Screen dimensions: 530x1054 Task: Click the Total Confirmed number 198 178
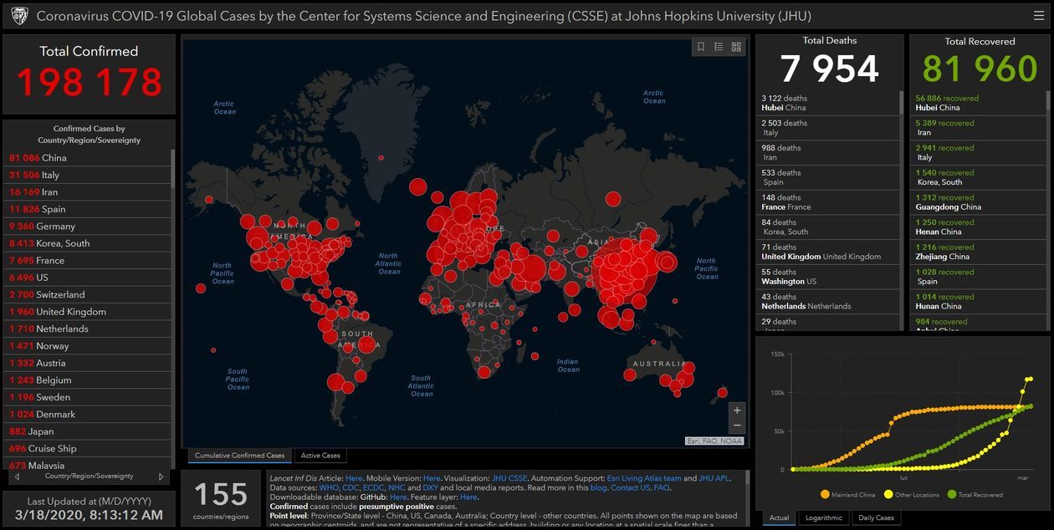(89, 82)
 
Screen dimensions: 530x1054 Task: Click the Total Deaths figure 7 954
(829, 69)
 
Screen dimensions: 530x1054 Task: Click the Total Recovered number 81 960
(979, 69)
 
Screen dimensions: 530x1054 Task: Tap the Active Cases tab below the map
(320, 456)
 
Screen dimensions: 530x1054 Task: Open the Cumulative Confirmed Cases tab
(239, 456)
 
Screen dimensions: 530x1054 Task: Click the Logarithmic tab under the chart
(824, 518)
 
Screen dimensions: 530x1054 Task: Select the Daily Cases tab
(876, 518)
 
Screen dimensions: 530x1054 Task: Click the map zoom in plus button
(736, 410)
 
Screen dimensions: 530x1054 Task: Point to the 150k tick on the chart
(777, 354)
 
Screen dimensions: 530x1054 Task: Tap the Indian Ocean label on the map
(568, 365)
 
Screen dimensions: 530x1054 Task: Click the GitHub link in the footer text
(397, 497)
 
